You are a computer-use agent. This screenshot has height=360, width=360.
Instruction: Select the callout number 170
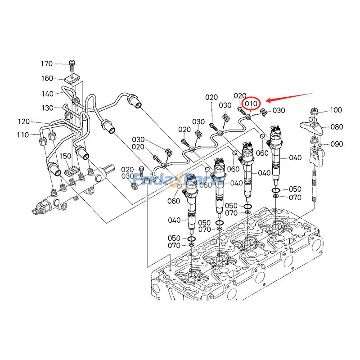[59, 63]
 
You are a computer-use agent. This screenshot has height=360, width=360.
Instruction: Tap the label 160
[47, 78]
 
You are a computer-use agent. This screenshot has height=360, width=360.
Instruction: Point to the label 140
[48, 94]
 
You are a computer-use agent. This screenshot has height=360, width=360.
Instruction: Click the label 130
[48, 108]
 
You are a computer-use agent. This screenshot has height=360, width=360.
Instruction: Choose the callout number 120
[24, 121]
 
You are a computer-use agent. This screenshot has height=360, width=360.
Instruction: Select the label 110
[22, 135]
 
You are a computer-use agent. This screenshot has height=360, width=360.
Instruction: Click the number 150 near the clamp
[66, 156]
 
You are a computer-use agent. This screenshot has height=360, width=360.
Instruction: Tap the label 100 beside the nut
[336, 110]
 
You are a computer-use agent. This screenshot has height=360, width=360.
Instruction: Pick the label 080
[337, 127]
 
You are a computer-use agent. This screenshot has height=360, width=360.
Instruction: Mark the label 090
[337, 144]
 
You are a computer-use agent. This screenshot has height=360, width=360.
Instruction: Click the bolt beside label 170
[72, 64]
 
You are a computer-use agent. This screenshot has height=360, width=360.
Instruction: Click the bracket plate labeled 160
[72, 80]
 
